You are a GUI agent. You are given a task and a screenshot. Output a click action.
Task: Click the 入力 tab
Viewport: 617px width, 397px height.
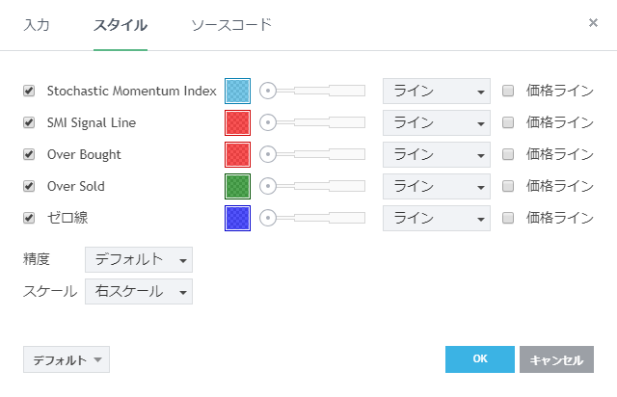[x=37, y=24]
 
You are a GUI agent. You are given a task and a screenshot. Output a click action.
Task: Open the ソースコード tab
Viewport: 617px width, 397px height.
[x=231, y=24]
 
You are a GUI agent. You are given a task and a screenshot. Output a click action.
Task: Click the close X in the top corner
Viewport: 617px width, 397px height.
[x=593, y=22]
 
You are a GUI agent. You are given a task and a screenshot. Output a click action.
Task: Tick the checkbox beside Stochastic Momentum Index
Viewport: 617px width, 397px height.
[x=29, y=91]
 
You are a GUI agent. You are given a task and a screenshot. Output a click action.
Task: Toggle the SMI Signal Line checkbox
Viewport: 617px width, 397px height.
[x=29, y=122]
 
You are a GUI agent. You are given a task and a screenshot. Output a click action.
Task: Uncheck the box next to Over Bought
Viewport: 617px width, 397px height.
[x=29, y=154]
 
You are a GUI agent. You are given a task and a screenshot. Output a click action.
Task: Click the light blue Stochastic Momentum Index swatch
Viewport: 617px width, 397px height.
[x=237, y=91]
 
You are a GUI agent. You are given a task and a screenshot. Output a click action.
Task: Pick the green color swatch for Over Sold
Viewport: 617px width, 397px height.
[x=237, y=186]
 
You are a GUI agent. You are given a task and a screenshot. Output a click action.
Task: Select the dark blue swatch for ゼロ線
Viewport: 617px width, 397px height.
[x=237, y=218]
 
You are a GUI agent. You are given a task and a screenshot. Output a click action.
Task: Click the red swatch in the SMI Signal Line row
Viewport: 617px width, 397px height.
[x=237, y=122]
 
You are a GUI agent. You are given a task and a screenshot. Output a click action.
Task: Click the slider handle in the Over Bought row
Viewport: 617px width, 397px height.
[x=268, y=154]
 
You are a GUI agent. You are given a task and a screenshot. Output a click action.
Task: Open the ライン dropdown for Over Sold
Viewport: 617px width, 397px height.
[x=437, y=186]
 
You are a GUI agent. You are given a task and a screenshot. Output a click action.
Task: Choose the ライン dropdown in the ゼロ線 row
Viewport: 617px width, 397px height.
[x=437, y=218]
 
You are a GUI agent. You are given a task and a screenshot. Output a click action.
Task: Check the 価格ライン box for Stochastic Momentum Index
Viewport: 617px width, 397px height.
[x=509, y=91]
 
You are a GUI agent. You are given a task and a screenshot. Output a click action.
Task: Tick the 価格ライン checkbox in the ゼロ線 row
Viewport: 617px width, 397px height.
[x=509, y=218]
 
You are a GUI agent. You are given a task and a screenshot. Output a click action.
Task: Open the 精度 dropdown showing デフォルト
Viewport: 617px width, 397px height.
[x=139, y=259]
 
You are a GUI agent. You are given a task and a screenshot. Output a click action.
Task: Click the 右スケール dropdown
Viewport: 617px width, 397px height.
[x=139, y=291]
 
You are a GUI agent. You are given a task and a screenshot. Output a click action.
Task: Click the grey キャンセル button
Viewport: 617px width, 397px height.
[x=556, y=359]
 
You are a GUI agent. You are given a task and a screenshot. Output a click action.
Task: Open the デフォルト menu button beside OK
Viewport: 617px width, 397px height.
[x=67, y=359]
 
